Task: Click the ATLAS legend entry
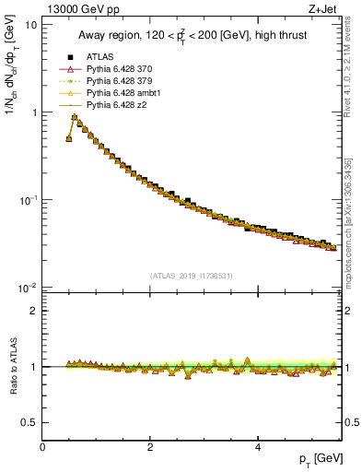[x=99, y=57]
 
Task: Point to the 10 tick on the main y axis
[x=30, y=25]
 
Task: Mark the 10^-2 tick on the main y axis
[x=28, y=288]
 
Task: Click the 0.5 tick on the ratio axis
[x=28, y=422]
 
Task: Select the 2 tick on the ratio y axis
[x=32, y=311]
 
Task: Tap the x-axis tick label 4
[x=257, y=447]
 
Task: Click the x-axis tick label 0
[x=42, y=447]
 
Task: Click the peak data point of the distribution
[x=75, y=117]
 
